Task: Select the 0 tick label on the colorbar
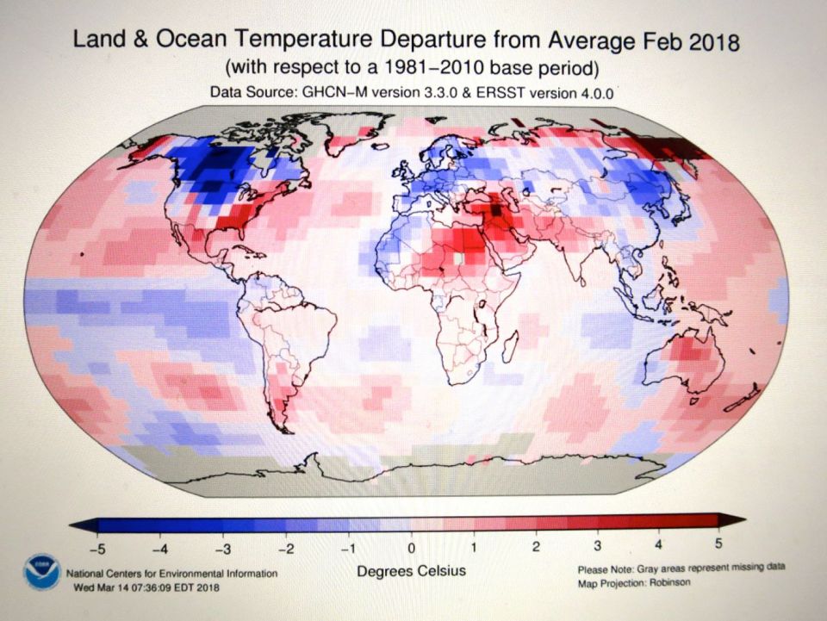411,546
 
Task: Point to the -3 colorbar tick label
221,546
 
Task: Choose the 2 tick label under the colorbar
536,546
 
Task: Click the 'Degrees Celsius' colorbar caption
411,571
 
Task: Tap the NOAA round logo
42,573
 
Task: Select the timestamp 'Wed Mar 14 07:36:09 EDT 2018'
143,587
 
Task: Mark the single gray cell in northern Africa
459,258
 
